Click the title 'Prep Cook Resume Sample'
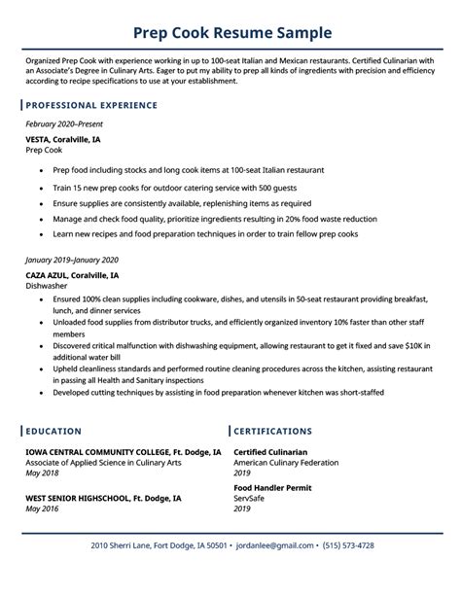click(x=230, y=32)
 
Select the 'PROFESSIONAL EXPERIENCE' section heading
click(x=91, y=104)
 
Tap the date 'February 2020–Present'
click(x=66, y=125)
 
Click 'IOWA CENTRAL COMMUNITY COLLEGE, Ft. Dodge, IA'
click(x=124, y=452)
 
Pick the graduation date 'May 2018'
click(x=43, y=473)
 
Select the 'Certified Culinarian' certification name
click(x=270, y=452)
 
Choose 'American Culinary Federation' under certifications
click(x=286, y=463)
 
